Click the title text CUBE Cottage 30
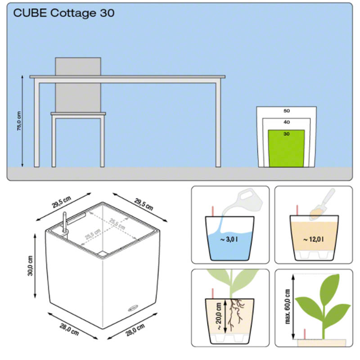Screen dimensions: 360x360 64,13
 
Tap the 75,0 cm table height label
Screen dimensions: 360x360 19,121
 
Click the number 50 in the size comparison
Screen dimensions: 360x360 287,111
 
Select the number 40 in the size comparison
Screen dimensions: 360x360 287,122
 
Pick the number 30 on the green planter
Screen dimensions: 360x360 286,134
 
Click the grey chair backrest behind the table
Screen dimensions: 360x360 78,85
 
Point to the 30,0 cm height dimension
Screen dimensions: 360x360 30,266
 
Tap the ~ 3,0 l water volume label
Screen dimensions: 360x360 229,239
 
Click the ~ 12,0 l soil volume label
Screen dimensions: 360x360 314,239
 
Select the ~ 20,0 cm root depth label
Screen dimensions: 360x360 219,316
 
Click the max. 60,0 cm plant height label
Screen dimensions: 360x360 288,306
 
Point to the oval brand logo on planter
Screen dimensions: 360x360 133,308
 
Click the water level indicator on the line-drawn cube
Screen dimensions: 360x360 65,222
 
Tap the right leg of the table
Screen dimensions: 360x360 218,125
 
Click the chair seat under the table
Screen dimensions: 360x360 78,114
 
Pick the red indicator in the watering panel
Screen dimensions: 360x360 213,211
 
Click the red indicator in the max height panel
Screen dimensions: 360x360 305,334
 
